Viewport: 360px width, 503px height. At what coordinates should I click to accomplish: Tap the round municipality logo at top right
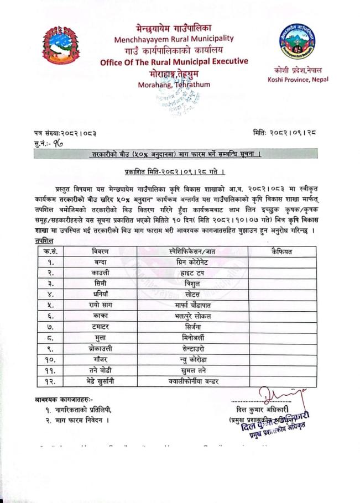point(297,41)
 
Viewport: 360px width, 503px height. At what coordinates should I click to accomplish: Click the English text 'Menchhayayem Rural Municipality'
point(174,39)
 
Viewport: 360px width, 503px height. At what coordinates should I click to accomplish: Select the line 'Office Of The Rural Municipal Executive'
point(174,62)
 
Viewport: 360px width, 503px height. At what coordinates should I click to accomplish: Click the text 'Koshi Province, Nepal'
point(298,79)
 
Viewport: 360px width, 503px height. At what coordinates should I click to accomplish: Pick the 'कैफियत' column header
point(282,252)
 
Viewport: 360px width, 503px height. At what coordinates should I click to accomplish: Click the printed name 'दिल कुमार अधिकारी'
point(265,410)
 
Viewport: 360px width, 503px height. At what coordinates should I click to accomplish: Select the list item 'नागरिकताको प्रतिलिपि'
point(83,410)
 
